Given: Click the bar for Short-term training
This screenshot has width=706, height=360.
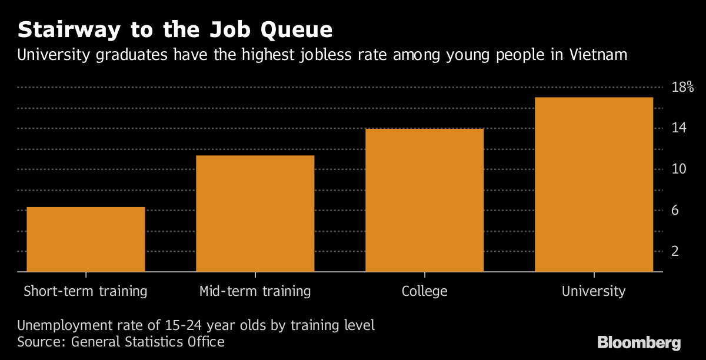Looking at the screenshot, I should click(85, 239).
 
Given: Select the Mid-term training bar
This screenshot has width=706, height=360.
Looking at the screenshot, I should click(255, 214).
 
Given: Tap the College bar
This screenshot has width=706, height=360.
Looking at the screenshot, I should click(424, 200).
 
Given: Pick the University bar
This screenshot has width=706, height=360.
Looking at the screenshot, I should click(594, 184).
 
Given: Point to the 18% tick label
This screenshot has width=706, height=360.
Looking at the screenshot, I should click(682, 88).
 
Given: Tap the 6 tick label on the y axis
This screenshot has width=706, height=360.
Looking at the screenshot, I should click(675, 211).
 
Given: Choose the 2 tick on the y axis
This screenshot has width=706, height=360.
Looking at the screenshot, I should click(675, 251).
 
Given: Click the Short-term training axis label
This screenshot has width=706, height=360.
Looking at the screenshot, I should click(85, 291).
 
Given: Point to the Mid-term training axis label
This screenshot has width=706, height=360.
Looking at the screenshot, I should click(255, 291).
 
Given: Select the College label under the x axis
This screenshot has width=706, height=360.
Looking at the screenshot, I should click(424, 291).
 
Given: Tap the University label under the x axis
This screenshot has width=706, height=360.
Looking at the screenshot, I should click(594, 291).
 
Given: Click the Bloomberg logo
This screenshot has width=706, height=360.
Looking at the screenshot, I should click(639, 343).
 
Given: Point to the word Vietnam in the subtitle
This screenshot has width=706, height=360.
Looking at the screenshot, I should click(598, 56).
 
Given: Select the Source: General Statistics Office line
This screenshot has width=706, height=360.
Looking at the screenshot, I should click(121, 341).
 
